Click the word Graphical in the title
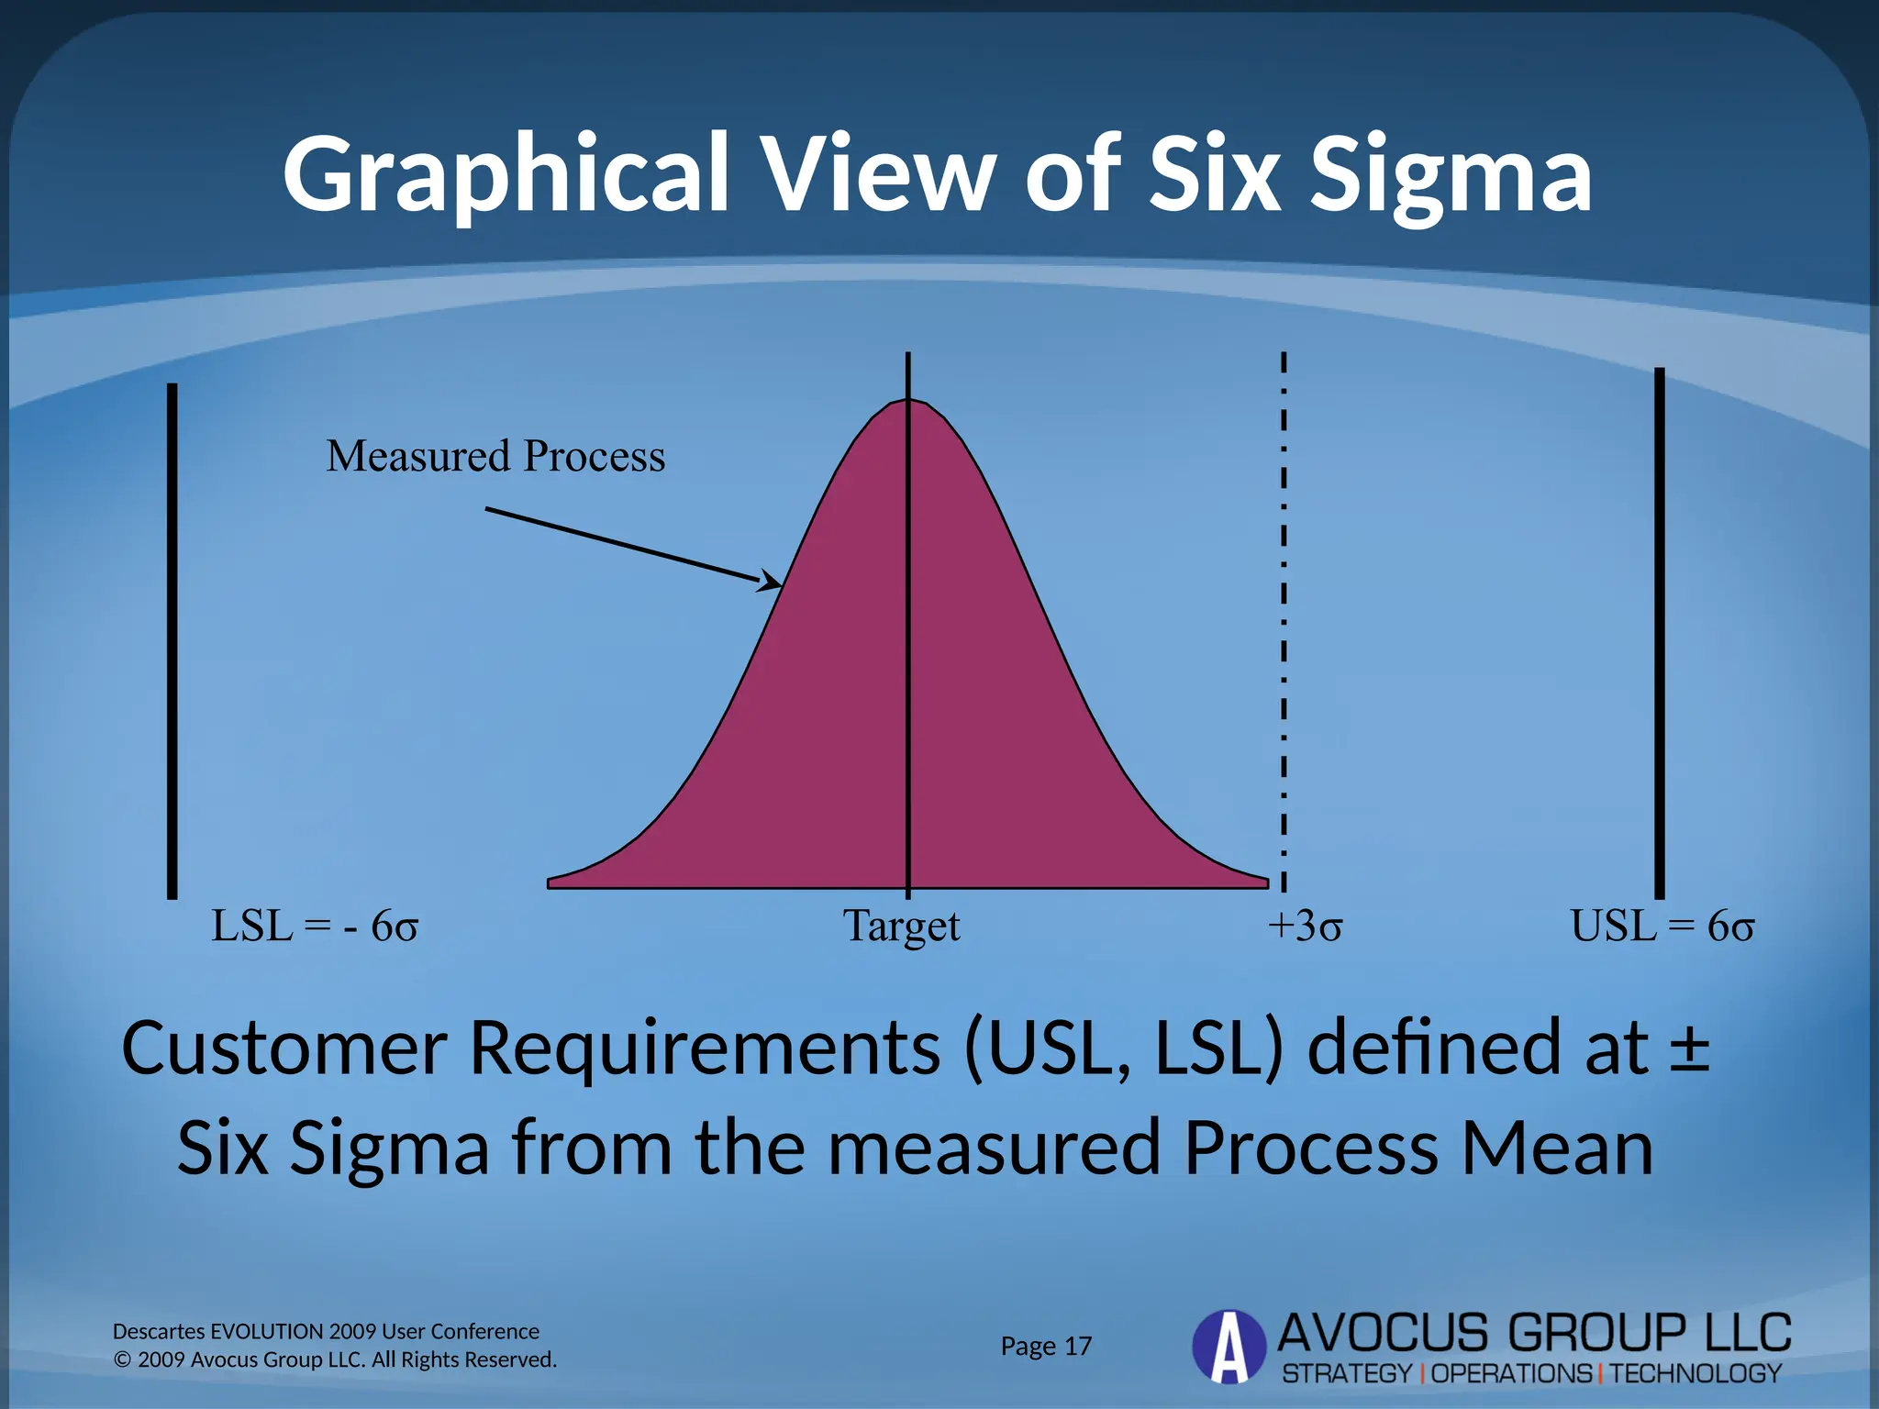coord(506,174)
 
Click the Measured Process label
coord(495,456)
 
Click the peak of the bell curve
coord(908,402)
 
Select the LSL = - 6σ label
coord(315,926)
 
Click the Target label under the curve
coord(901,926)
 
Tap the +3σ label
coord(1304,926)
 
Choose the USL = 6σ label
coord(1662,926)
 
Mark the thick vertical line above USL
coord(1659,633)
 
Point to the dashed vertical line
coord(1284,624)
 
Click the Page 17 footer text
coord(1046,1346)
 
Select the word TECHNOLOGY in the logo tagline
coord(1696,1373)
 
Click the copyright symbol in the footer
coord(122,1359)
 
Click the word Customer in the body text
coord(284,1048)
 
